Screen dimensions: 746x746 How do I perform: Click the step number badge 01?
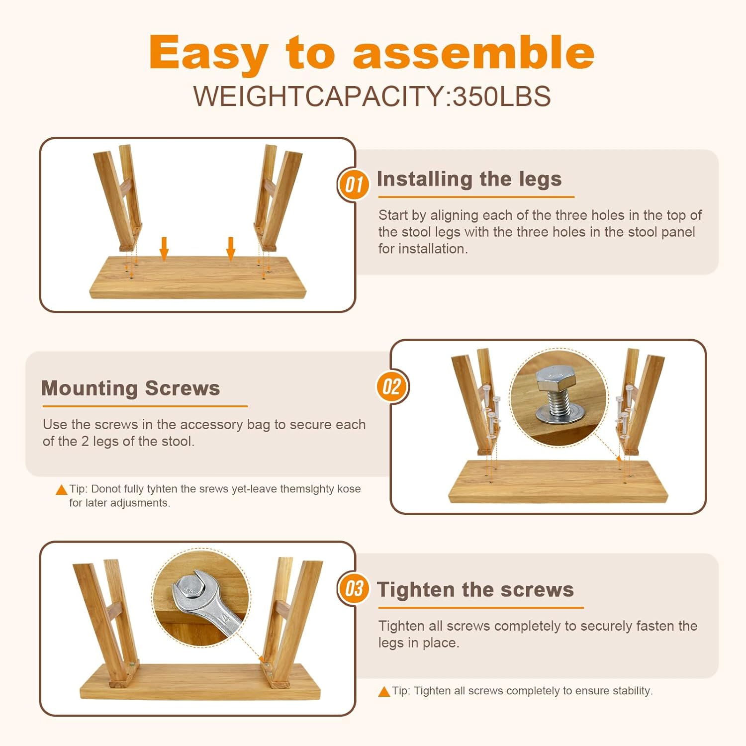(x=353, y=185)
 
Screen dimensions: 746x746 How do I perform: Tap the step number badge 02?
(x=392, y=386)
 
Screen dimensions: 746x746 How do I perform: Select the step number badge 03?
(x=353, y=588)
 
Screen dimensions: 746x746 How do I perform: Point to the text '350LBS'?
(x=501, y=96)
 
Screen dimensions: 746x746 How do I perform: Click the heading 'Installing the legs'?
(x=469, y=180)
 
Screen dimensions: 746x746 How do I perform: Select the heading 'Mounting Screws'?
(x=130, y=388)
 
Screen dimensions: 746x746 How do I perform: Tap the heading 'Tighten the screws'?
(x=475, y=590)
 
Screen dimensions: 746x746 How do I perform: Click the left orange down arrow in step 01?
(x=164, y=249)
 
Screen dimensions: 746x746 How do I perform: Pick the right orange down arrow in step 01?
(x=230, y=249)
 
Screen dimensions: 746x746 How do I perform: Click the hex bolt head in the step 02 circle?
(x=553, y=380)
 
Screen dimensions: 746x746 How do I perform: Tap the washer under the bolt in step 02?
(x=559, y=414)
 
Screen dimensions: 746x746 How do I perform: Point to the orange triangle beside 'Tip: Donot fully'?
(x=61, y=490)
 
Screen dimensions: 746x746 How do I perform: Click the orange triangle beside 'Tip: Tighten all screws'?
(x=384, y=691)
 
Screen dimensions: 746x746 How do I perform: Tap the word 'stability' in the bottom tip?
(x=632, y=691)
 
